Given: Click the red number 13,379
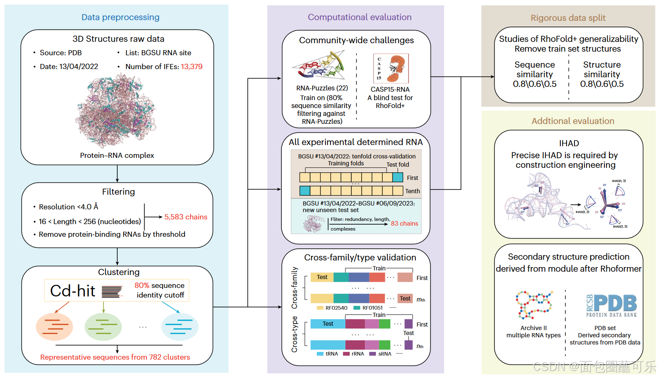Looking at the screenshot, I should pyautogui.click(x=192, y=66).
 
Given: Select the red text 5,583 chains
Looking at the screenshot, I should pyautogui.click(x=186, y=217).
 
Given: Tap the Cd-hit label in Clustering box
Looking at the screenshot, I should pyautogui.click(x=73, y=291).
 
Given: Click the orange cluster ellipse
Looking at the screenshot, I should pyautogui.click(x=54, y=327).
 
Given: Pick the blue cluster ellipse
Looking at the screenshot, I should pyautogui.click(x=180, y=327).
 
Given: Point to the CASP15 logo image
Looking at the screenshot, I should pyautogui.click(x=391, y=69).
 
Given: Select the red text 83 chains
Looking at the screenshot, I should pyautogui.click(x=404, y=223).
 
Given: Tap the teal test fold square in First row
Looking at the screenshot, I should pyautogui.click(x=398, y=177).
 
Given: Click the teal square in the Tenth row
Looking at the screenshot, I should pyautogui.click(x=305, y=191).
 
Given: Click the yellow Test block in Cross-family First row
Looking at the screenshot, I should pyautogui.click(x=322, y=277).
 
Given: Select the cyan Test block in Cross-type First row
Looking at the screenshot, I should pyautogui.click(x=328, y=324).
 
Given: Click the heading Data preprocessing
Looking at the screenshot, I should pyautogui.click(x=120, y=17).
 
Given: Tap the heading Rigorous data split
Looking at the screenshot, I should pyautogui.click(x=568, y=18).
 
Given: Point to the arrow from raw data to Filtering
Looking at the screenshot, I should pyautogui.click(x=117, y=174).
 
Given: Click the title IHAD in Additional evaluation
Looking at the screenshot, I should pyautogui.click(x=569, y=143).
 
